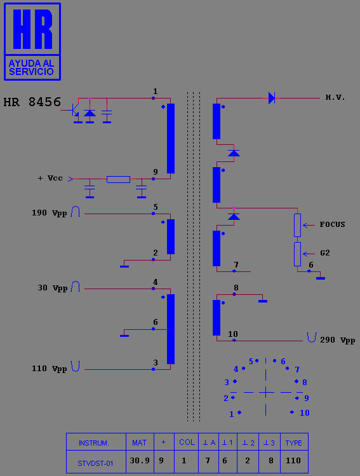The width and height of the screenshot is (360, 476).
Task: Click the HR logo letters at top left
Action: pyautogui.click(x=32, y=29)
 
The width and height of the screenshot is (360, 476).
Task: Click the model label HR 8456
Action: pyautogui.click(x=32, y=102)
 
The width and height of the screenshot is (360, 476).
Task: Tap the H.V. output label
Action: pyautogui.click(x=335, y=97)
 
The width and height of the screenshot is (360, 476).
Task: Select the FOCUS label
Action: pyautogui.click(x=333, y=224)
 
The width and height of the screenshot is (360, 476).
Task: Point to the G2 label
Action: pyautogui.click(x=325, y=253)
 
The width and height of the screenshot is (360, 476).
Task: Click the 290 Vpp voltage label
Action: pyautogui.click(x=338, y=340)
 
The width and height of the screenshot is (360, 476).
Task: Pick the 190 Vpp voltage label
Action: pyautogui.click(x=49, y=213)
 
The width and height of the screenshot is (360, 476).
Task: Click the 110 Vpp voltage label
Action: pyautogui.click(x=49, y=369)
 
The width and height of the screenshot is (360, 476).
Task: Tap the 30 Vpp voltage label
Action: pyautogui.click(x=52, y=288)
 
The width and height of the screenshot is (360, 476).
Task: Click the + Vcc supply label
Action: pyautogui.click(x=50, y=178)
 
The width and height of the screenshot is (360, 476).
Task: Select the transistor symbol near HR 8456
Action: pyautogui.click(x=74, y=111)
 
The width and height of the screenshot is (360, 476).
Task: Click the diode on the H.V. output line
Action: pyautogui.click(x=272, y=98)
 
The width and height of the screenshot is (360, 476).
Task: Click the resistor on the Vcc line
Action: pyautogui.click(x=118, y=179)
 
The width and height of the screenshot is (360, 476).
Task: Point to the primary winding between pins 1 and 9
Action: pyautogui.click(x=171, y=139)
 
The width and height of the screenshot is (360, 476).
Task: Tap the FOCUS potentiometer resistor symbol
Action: pyautogui.click(x=297, y=225)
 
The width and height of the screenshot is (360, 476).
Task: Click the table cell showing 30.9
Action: pyautogui.click(x=140, y=461)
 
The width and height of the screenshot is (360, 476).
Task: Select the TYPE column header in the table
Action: pyautogui.click(x=293, y=443)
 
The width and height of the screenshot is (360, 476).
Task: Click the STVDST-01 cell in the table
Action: pyautogui.click(x=95, y=463)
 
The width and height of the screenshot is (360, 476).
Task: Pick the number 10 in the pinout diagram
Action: pyautogui.click(x=305, y=413)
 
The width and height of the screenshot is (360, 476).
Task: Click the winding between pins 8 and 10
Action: pyautogui.click(x=217, y=318)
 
